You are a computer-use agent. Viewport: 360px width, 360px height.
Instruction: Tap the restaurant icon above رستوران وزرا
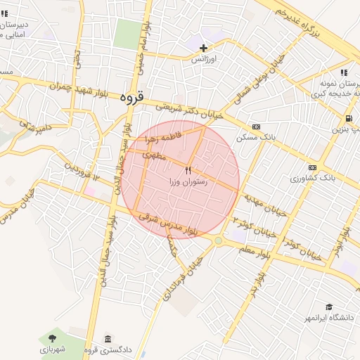(187, 171)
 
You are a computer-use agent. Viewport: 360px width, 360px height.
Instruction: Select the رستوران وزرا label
(187, 182)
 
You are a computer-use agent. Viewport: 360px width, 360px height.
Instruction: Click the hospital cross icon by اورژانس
(204, 49)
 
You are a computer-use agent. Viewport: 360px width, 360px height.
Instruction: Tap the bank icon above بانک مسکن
(255, 127)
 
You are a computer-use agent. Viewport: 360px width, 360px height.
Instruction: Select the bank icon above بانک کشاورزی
(312, 167)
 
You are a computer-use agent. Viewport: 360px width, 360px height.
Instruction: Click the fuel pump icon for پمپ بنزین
(349, 118)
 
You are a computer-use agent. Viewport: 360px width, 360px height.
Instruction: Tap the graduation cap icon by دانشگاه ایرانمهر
(329, 307)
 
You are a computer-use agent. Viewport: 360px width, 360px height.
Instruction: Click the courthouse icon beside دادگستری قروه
(108, 339)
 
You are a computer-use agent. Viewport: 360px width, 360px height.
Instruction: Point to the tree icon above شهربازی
(53, 338)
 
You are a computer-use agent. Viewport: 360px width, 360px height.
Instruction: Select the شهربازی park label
(51, 349)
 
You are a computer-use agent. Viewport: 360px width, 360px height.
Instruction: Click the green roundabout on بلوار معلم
(218, 240)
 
